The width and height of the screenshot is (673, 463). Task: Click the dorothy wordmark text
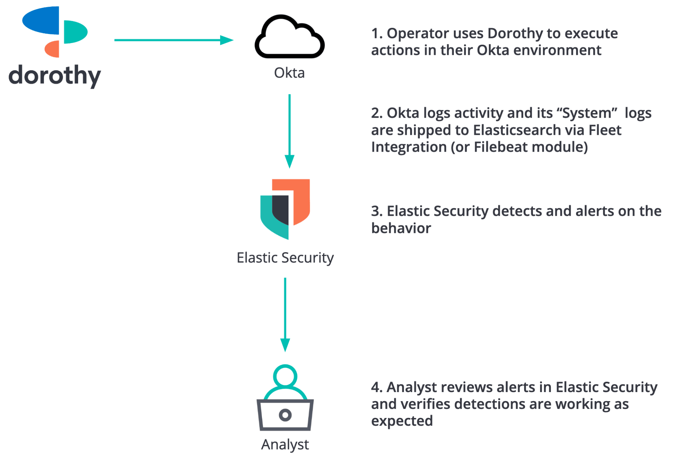[55, 76]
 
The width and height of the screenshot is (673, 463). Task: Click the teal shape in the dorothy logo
[75, 32]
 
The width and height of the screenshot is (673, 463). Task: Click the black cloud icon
[290, 38]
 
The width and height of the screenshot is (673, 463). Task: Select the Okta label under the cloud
[289, 73]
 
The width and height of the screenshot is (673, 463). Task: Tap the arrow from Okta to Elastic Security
[290, 131]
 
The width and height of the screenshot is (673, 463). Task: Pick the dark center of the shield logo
[281, 208]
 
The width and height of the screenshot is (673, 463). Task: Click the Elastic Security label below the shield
[285, 258]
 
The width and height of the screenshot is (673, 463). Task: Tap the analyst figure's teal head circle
[285, 376]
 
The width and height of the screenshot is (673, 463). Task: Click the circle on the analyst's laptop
[285, 415]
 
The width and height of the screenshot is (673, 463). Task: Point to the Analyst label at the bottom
[285, 445]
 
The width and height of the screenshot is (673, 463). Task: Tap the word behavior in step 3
[401, 228]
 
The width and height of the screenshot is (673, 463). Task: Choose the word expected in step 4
[402, 421]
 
